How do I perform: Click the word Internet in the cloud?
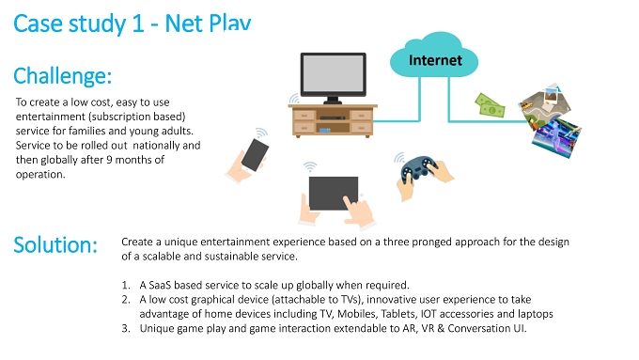[x=435, y=60]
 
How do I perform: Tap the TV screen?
[x=333, y=73]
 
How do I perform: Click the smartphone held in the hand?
[x=255, y=154]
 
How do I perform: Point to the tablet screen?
[x=334, y=194]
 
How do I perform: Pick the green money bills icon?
[x=490, y=105]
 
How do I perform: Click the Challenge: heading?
[x=62, y=76]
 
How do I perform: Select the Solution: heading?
[x=55, y=245]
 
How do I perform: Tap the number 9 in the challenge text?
[x=109, y=160]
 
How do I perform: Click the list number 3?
[x=126, y=328]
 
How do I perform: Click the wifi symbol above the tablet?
[x=310, y=166]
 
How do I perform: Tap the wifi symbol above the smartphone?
[x=261, y=133]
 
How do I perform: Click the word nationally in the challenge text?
[x=157, y=146]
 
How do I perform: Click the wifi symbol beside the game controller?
[x=399, y=158]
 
